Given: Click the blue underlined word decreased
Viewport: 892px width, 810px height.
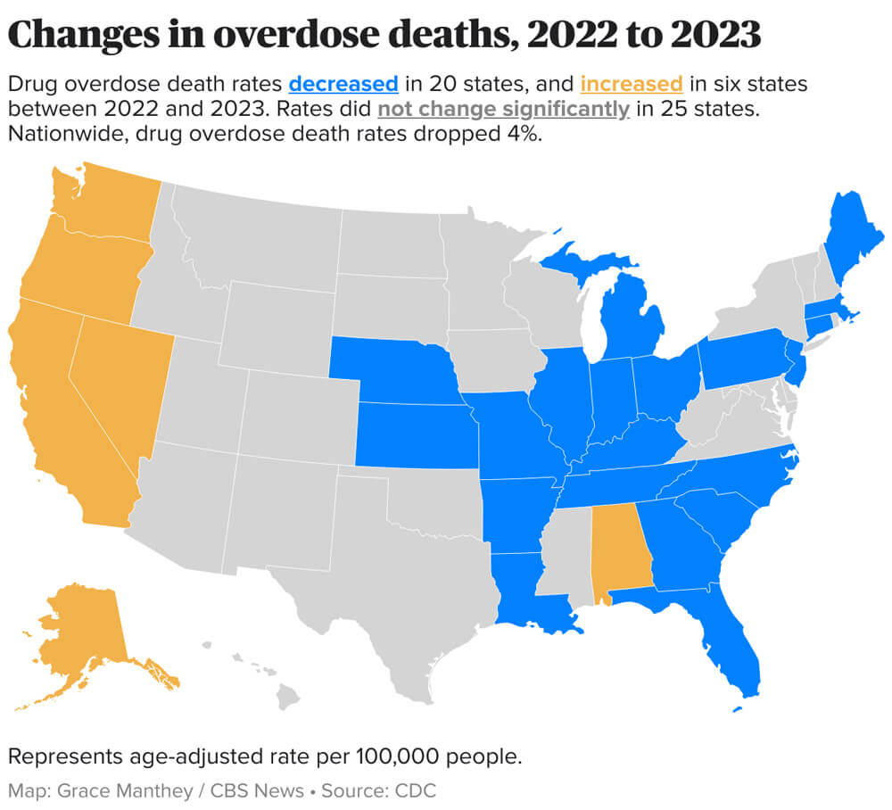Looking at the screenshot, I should coord(343,85).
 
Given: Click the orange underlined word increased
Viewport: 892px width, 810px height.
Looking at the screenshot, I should coord(632,85).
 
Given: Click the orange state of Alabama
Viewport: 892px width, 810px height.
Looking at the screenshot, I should coord(621,549).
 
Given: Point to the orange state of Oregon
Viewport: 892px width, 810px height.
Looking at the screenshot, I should coord(76,272).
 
